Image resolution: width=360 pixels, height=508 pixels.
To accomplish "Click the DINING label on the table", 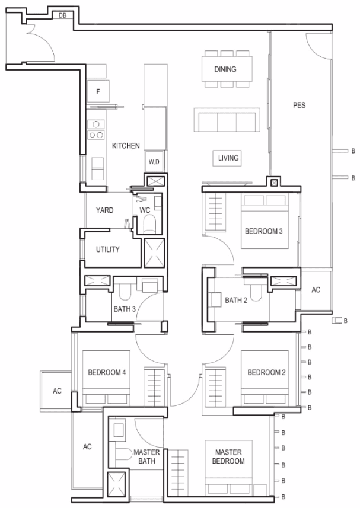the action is pos(225,69).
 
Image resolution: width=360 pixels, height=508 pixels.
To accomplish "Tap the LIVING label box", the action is pos(227,158).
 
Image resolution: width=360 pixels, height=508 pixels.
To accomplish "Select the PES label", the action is pos(299,105).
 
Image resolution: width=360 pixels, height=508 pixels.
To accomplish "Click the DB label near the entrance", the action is pos(62,15).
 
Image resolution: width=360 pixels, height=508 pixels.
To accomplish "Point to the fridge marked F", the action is pos(98,91).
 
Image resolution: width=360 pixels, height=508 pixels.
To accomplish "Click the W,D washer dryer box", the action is pos(154,162).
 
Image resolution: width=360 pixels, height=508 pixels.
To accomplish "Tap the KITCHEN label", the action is pos(126,146).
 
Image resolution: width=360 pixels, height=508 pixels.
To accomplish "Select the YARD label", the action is pos(104,210).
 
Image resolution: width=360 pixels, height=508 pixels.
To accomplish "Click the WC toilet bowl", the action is pos(149,224).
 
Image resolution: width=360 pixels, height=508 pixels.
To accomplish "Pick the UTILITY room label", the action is pos(108,249).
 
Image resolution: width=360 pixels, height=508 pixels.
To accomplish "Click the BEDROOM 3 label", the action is pos(264,231).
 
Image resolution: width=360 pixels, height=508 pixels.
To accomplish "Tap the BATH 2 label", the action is pos(236,301).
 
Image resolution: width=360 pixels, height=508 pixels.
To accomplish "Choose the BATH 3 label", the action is pos(125,309).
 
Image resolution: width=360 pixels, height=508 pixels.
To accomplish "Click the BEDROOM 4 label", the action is pos(107,373).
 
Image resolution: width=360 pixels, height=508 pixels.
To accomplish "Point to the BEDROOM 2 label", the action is pos(266,373).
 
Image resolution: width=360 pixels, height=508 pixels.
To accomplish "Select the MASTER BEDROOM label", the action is pos(228,456).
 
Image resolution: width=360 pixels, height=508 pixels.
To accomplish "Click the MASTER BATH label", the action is pos(146,456).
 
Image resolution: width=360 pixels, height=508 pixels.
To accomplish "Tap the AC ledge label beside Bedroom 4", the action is pos(58,391).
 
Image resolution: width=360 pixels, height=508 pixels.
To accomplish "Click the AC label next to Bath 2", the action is pos(316,290).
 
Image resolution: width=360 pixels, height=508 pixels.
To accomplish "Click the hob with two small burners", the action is pos(96,135).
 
